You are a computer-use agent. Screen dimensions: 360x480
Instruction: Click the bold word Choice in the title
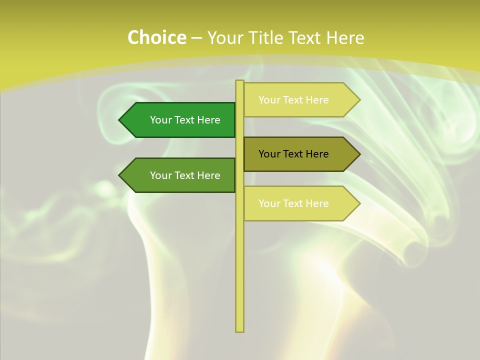pyautogui.click(x=156, y=37)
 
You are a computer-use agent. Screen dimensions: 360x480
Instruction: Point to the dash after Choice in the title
pyautogui.click(x=197, y=38)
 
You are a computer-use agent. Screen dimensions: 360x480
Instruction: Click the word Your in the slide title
pyautogui.click(x=224, y=37)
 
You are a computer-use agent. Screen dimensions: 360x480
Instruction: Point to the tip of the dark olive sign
pyautogui.click(x=359, y=154)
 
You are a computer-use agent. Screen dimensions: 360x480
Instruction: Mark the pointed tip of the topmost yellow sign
pyautogui.click(x=359, y=100)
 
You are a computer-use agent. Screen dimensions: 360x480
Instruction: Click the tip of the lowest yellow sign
pyautogui.click(x=359, y=203)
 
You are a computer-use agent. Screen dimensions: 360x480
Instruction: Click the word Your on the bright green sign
pyautogui.click(x=161, y=120)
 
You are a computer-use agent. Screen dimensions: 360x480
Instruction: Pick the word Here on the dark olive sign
pyautogui.click(x=317, y=154)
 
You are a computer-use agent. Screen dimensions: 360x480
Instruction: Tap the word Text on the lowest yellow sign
pyautogui.click(x=293, y=203)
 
